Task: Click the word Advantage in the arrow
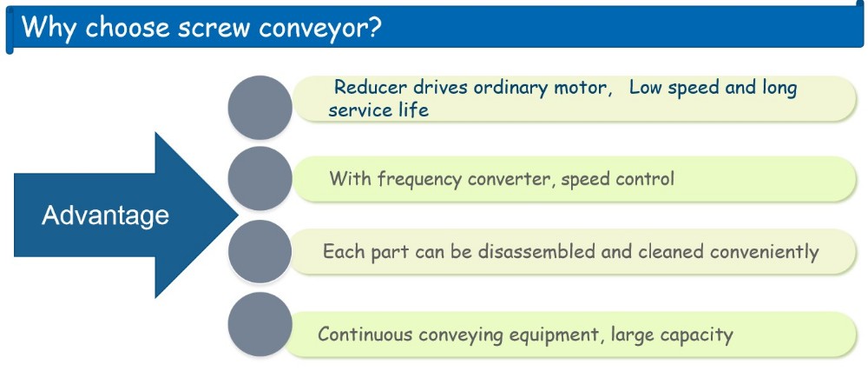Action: coord(105,215)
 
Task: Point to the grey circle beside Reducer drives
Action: coord(260,107)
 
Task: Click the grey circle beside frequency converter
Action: coord(260,178)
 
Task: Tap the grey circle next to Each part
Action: coord(260,252)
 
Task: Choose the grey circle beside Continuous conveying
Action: coord(260,324)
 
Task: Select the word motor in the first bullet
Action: coord(579,89)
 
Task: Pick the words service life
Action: coord(378,109)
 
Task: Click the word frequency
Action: coord(420,180)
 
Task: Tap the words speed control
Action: coord(618,180)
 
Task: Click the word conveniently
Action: coord(765,253)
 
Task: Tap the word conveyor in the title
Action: coord(310,29)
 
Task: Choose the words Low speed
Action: coord(674,89)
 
